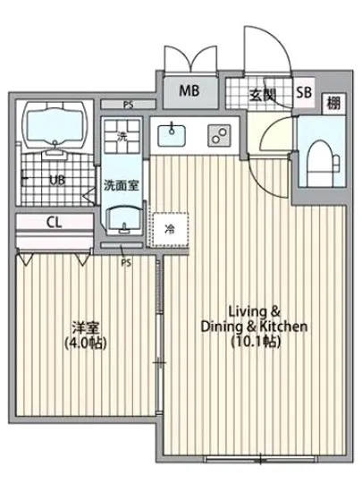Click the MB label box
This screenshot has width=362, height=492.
coord(189,90)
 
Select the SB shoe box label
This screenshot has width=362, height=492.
coord(303,91)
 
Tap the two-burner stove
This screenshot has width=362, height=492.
coord(217,135)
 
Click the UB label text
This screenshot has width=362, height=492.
coord(56,180)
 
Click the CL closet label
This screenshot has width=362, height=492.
coord(54,224)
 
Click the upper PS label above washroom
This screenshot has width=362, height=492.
coord(128,105)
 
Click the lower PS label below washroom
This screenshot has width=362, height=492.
coord(126,262)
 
